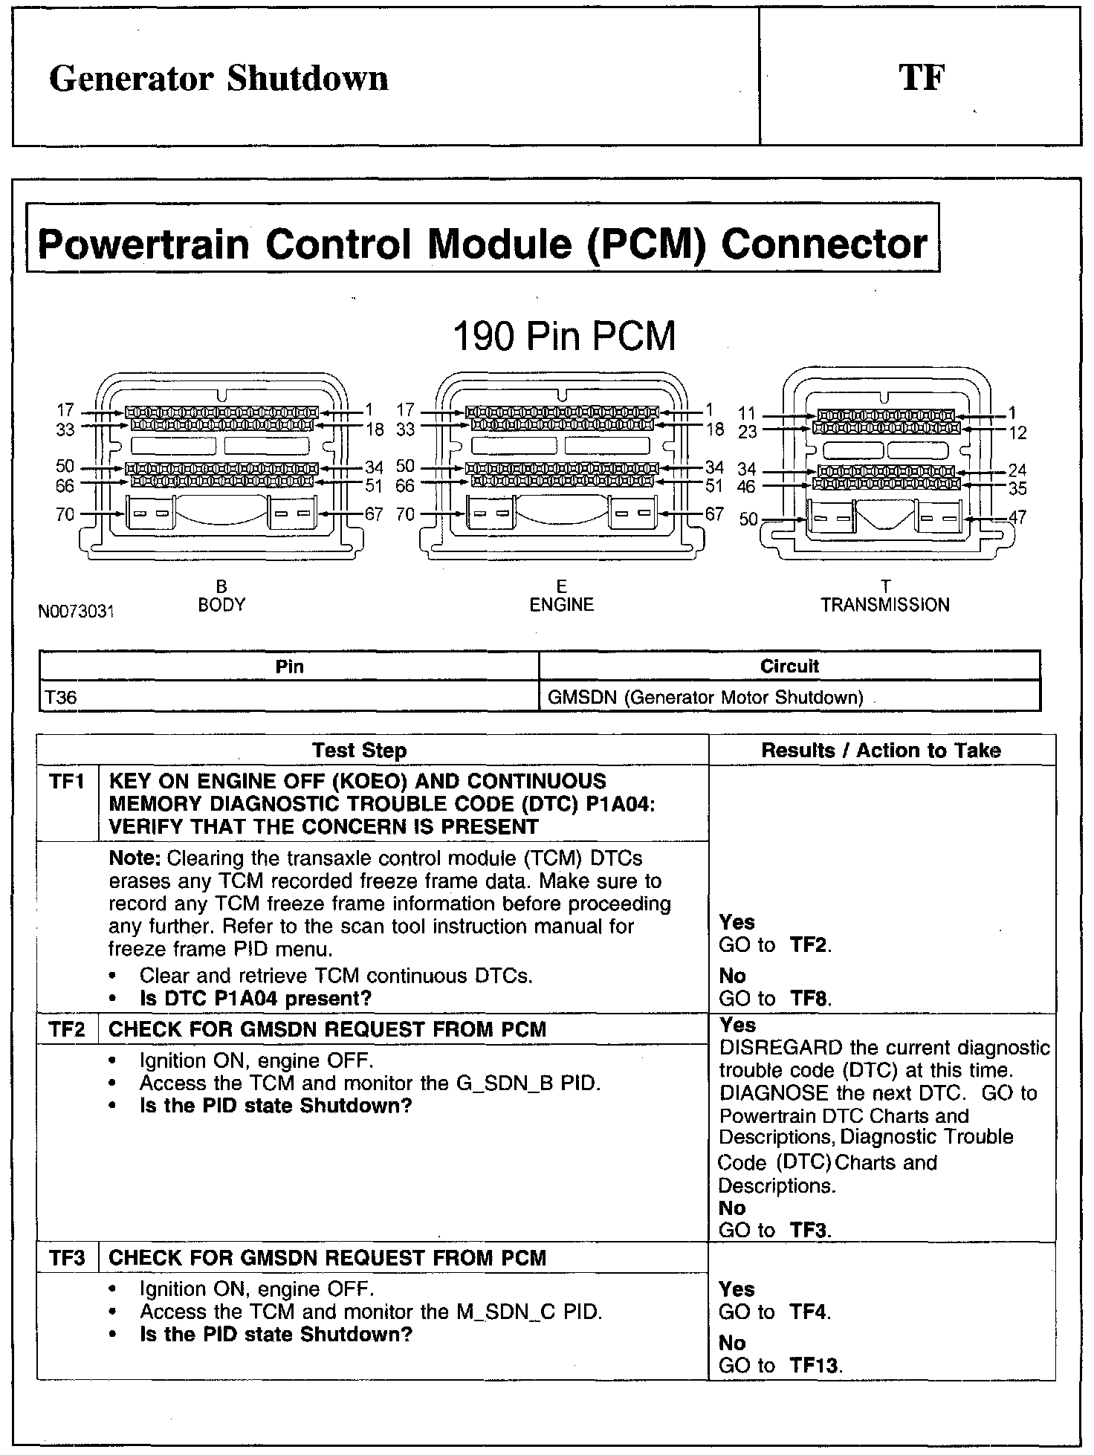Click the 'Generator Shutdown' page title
(x=219, y=79)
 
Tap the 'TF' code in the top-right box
(x=921, y=78)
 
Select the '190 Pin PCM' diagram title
(x=564, y=337)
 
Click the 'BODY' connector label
(x=221, y=605)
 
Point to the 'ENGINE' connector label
(x=561, y=605)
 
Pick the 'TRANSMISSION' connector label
(x=885, y=605)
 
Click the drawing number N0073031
(x=77, y=612)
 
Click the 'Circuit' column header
(x=789, y=666)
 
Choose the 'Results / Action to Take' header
(x=881, y=751)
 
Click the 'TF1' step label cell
(x=67, y=782)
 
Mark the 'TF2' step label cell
(x=67, y=1029)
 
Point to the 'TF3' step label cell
(x=67, y=1258)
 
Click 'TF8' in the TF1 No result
(x=809, y=998)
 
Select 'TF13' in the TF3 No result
(x=815, y=1365)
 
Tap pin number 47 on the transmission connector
(x=1017, y=517)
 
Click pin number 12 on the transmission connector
(x=1018, y=432)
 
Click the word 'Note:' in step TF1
(x=135, y=858)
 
